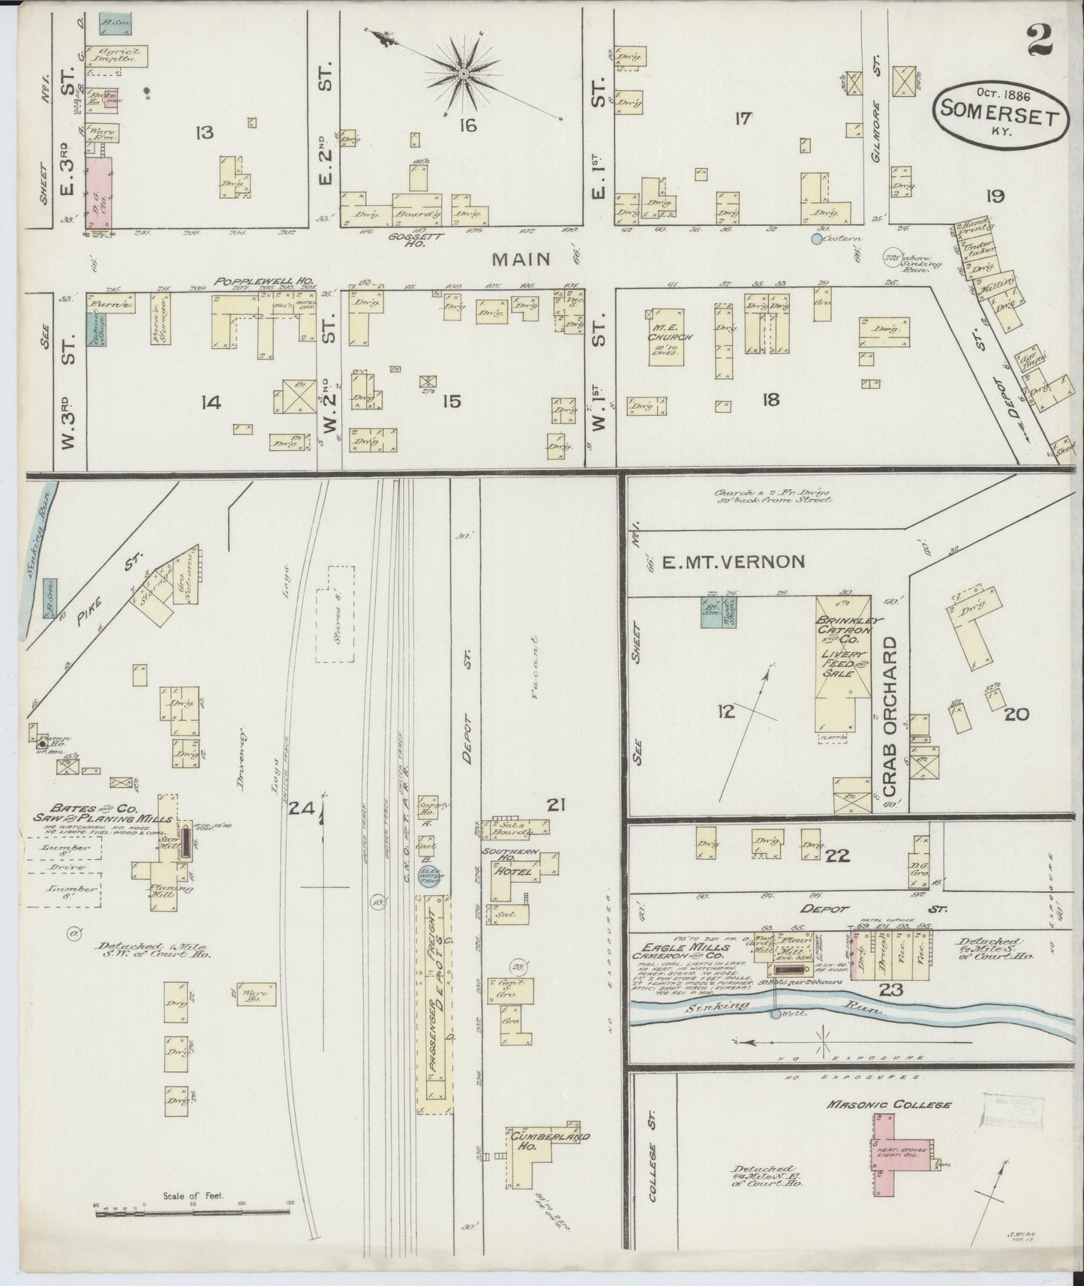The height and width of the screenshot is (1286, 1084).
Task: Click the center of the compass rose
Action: [464, 74]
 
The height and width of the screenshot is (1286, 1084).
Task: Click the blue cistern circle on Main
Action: [816, 239]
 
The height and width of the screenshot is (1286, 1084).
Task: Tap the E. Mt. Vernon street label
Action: [732, 561]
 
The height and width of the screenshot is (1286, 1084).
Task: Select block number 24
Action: [303, 808]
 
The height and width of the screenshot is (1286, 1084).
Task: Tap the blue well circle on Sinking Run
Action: [775, 1014]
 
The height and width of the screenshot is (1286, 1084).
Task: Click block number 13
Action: [203, 134]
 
